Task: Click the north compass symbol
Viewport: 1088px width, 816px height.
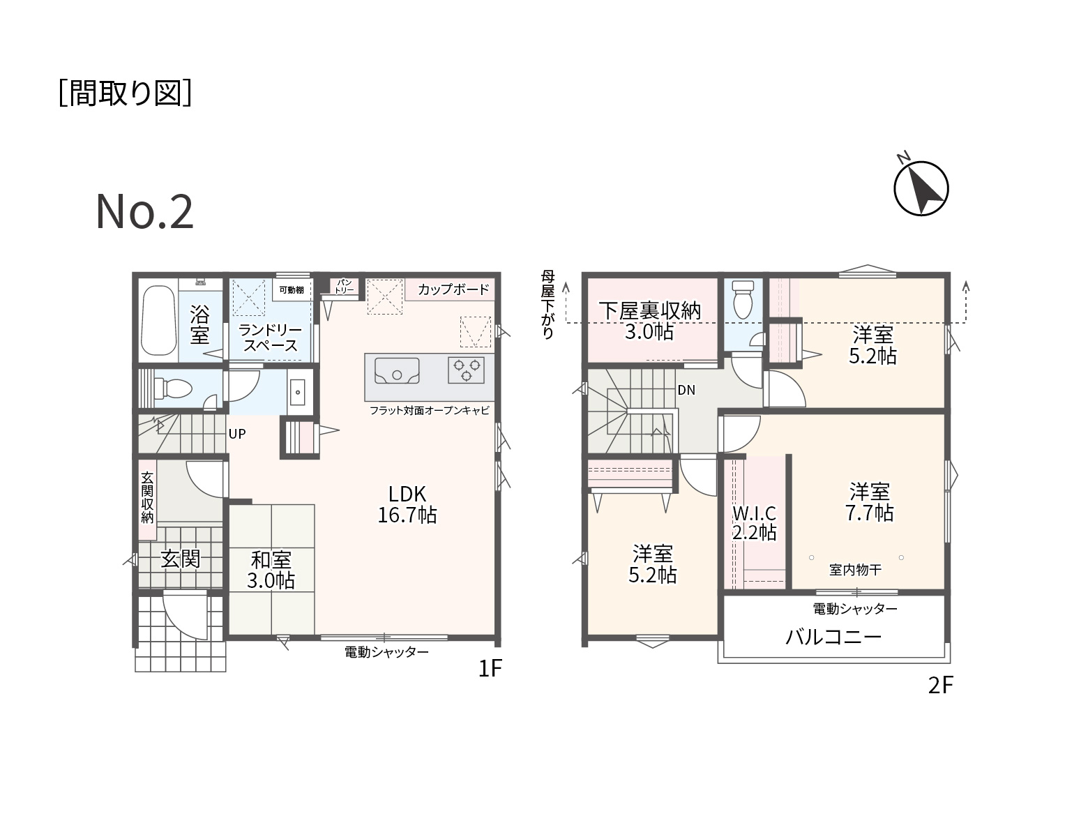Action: [921, 188]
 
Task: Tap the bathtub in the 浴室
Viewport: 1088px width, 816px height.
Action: [158, 320]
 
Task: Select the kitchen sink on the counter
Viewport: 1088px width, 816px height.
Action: [397, 370]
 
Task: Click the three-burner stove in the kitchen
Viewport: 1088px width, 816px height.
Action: [466, 370]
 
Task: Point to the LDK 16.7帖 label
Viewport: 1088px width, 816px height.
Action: [407, 504]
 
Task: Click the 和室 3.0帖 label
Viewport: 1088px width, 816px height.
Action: [271, 570]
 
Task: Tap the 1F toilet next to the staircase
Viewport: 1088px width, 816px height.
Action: [172, 388]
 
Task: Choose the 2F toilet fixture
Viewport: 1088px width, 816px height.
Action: [743, 299]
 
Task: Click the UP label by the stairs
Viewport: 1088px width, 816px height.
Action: [237, 434]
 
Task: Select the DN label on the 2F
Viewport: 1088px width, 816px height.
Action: [686, 391]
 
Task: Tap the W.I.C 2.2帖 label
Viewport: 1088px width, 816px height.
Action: [755, 522]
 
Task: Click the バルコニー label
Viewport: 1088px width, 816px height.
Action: [833, 637]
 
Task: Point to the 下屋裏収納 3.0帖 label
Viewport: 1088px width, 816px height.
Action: [649, 321]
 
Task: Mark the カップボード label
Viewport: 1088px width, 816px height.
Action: [453, 289]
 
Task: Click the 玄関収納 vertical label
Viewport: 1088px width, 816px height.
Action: [147, 498]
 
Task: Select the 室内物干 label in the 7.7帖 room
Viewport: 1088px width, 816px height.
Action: [855, 570]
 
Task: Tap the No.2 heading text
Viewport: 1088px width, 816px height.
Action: [144, 212]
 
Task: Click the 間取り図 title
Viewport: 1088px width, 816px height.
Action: [125, 93]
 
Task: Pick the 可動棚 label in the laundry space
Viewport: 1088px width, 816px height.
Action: [292, 290]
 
